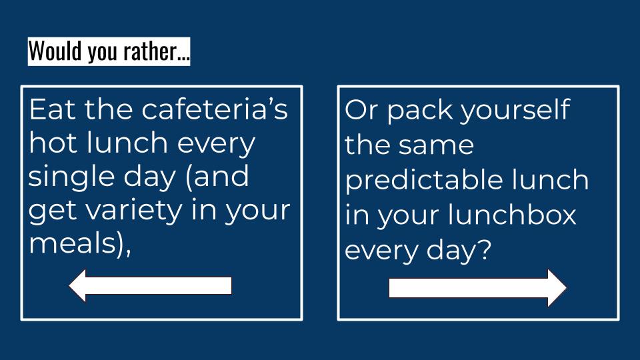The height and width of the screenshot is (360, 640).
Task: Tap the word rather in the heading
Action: pyautogui.click(x=150, y=51)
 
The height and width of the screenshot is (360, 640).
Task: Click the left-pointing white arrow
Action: pyautogui.click(x=150, y=286)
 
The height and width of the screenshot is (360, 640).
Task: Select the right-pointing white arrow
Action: pyautogui.click(x=477, y=288)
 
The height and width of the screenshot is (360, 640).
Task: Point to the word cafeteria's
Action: pyautogui.click(x=215, y=109)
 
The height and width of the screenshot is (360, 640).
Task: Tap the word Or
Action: pyautogui.click(x=361, y=109)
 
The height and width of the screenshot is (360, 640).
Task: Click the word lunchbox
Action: pyautogui.click(x=512, y=215)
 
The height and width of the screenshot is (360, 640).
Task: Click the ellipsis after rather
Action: pyautogui.click(x=183, y=59)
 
